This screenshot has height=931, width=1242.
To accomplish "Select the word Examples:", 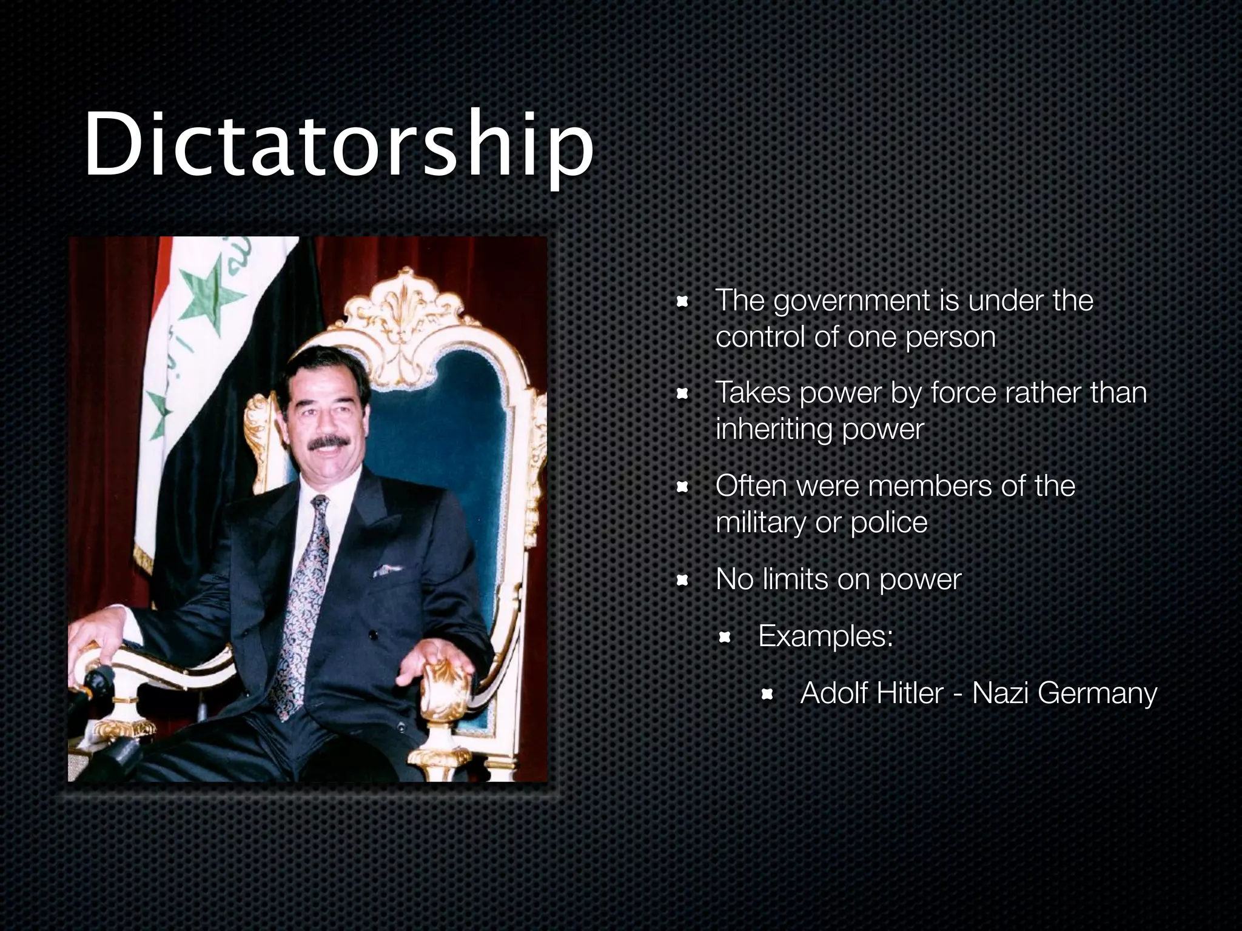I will [x=825, y=636].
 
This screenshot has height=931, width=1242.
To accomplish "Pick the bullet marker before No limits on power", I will [x=682, y=581].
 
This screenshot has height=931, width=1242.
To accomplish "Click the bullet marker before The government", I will [x=682, y=301].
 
